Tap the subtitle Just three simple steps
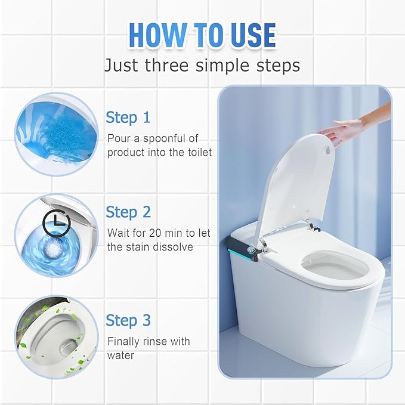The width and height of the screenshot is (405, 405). pyautogui.click(x=202, y=64)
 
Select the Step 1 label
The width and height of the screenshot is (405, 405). pyautogui.click(x=128, y=118)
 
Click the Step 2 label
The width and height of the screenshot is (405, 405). pyautogui.click(x=128, y=212)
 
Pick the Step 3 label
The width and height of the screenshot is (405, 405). pyautogui.click(x=128, y=320)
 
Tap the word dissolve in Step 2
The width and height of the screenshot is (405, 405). pyautogui.click(x=173, y=247)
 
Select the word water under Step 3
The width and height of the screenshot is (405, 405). pyautogui.click(x=121, y=355)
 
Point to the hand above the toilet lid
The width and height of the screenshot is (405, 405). pyautogui.click(x=352, y=125)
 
